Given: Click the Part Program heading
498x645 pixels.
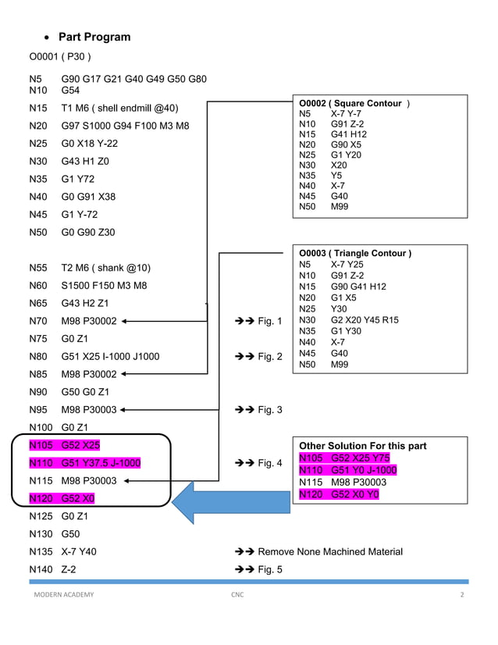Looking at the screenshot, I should point(94,37).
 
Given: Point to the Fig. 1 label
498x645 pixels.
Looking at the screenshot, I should point(269,321).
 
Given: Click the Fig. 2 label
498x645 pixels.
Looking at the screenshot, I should point(269,357).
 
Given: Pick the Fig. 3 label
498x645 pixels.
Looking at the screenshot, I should point(269,410).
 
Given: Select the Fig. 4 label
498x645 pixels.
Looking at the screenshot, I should point(269,463).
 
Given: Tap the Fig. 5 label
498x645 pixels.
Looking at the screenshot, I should point(269,569).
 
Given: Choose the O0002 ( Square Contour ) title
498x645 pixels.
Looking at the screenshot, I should point(354,103).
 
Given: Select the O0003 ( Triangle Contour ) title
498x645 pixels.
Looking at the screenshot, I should point(355,253).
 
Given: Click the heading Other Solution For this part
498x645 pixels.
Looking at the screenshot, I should point(363,446).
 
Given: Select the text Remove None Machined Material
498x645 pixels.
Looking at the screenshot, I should point(330,551).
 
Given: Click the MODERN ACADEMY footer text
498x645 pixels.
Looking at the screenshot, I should point(63,595).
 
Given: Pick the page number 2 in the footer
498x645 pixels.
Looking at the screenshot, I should point(462,595).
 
